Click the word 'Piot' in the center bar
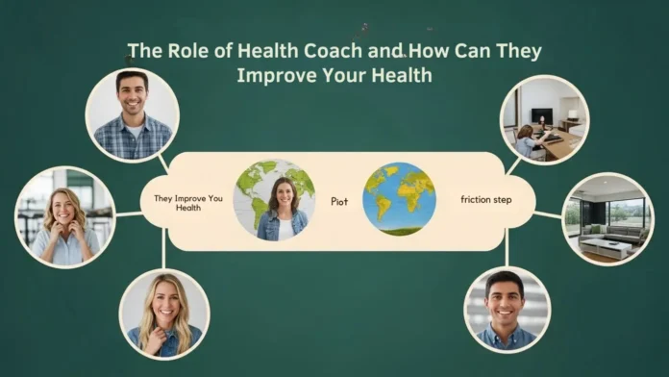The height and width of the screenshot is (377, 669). point(339,202)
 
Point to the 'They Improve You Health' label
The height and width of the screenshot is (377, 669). point(188,202)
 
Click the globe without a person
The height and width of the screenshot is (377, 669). point(399,199)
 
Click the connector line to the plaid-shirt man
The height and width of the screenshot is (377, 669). point(164,163)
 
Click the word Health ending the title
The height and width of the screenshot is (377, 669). point(404,75)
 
